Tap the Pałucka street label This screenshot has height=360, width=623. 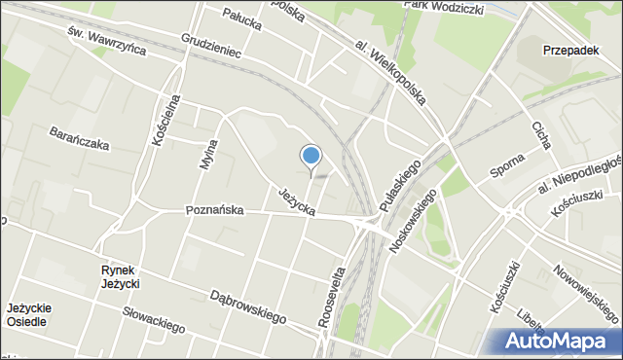244,15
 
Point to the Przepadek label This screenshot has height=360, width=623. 570,52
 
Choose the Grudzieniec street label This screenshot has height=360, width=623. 210,47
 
